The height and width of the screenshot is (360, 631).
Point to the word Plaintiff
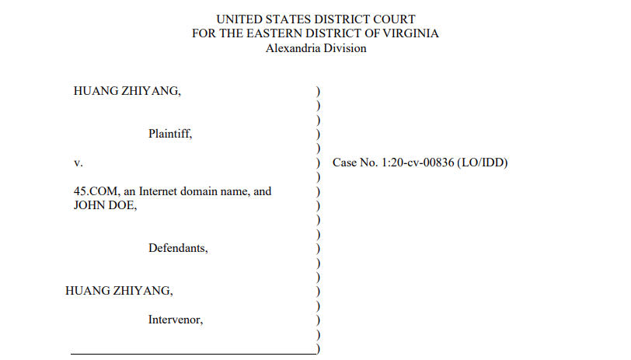pyautogui.click(x=170, y=134)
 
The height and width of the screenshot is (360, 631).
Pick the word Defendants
pyautogui.click(x=178, y=249)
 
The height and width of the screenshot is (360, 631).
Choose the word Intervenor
pyautogui.click(x=176, y=319)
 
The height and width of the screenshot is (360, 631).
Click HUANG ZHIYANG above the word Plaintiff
pyautogui.click(x=127, y=91)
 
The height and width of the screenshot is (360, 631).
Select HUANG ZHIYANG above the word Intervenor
pyautogui.click(x=119, y=291)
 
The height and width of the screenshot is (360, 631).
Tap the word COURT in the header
pyautogui.click(x=397, y=19)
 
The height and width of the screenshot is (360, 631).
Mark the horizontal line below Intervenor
pyautogui.click(x=193, y=354)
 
